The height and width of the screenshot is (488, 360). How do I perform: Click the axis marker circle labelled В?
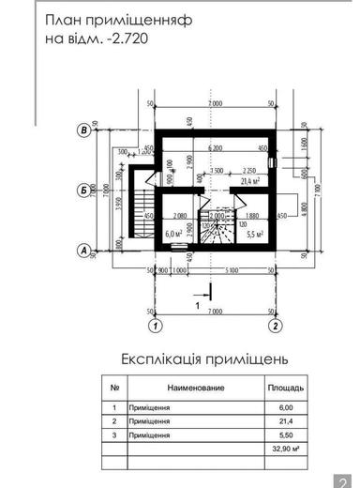coord(84,130)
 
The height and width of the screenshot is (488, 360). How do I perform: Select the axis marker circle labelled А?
coord(84,251)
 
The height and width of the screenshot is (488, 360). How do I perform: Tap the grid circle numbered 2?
coord(276,326)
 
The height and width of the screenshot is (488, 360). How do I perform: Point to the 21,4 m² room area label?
coord(249,180)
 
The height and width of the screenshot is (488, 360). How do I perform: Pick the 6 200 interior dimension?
coord(215,147)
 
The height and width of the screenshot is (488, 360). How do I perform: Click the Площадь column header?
coord(286,387)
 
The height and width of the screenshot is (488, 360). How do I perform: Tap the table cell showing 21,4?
coord(286,422)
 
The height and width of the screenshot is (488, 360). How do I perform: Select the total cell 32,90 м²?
coord(285,451)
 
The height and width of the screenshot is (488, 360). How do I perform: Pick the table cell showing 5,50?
coord(286,436)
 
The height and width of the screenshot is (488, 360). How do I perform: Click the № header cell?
coord(113,387)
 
